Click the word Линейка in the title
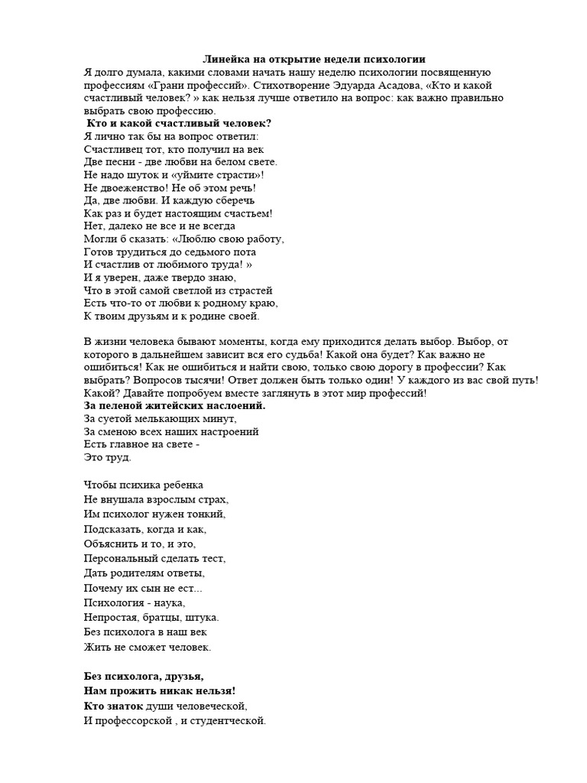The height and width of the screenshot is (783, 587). point(224,59)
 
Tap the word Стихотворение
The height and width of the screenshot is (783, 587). point(299,85)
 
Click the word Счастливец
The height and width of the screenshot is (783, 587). point(111,149)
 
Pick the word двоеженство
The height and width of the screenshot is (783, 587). point(131,187)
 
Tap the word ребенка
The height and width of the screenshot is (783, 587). point(182,485)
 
